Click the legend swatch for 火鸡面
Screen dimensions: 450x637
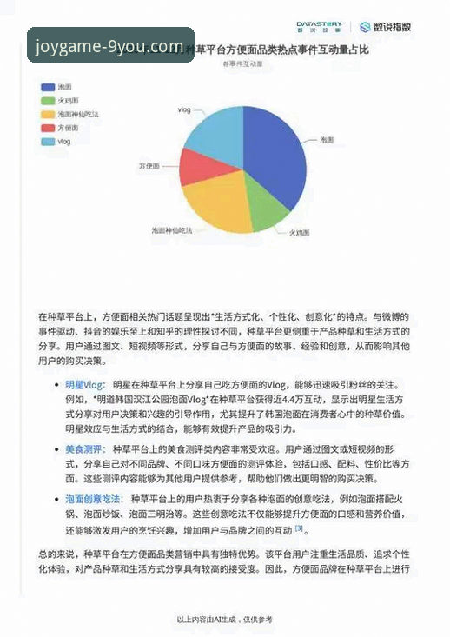tap(47, 100)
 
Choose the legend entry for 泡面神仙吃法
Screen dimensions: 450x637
tap(78, 114)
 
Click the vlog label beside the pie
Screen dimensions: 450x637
tap(184, 110)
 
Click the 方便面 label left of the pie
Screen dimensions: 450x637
tap(150, 164)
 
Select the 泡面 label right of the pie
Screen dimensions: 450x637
tap(327, 139)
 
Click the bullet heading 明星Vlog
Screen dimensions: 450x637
tap(85, 383)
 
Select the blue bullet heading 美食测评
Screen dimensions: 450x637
tap(84, 448)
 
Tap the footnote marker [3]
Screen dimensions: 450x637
tap(298, 528)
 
